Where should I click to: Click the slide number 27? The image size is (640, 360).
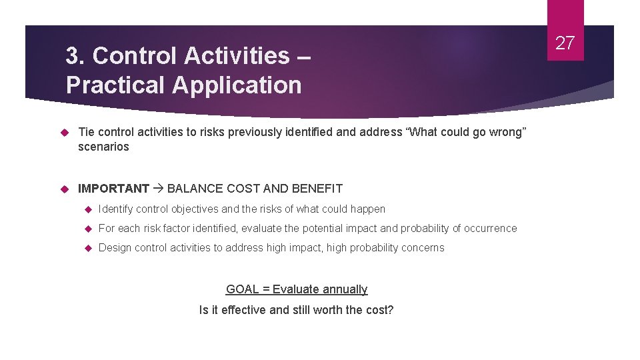[x=565, y=43]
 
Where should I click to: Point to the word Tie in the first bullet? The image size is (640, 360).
[x=86, y=132]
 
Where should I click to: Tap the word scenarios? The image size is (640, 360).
[x=103, y=147]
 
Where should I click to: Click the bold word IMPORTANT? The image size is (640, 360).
[x=113, y=189]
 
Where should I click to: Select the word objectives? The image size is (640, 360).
[x=195, y=209]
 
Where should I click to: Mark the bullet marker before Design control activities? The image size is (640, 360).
[x=87, y=248]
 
